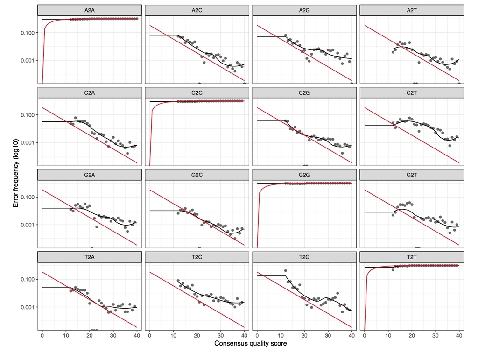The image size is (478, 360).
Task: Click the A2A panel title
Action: pos(90,10)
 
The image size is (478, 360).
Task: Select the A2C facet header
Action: pos(197,10)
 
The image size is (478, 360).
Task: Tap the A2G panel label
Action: pos(304,10)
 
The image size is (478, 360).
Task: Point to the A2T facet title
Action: pos(412,10)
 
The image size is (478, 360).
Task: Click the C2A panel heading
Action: pos(90,92)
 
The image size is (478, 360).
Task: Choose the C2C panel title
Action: pos(197,92)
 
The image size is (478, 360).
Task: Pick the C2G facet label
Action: pos(304,92)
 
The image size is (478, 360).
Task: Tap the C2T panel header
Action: pos(412,92)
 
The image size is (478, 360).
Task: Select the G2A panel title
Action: pos(90,175)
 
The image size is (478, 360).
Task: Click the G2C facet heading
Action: pos(197,175)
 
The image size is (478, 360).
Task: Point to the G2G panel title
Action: pos(304,175)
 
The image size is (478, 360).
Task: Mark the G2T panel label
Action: pos(412,175)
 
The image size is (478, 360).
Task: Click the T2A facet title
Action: pos(90,257)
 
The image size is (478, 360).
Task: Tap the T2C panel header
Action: pos(197,257)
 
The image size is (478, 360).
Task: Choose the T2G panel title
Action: pos(304,257)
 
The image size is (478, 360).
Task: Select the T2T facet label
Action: pos(412,257)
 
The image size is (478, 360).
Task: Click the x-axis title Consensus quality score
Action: pos(251,344)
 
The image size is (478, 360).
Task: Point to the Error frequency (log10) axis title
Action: pos(16,173)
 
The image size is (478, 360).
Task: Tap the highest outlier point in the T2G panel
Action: pos(286,271)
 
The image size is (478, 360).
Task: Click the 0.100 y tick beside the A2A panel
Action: pos(28,33)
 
